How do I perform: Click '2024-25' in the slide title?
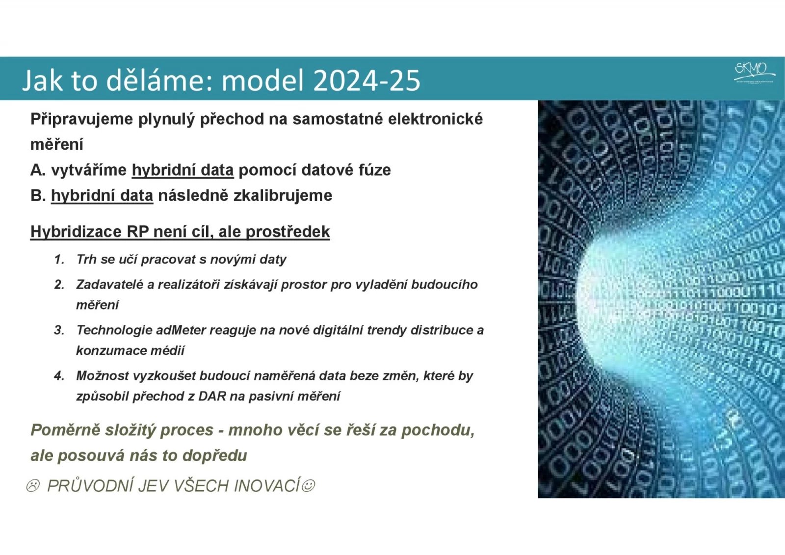tap(366, 80)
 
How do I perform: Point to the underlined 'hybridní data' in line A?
tap(183, 170)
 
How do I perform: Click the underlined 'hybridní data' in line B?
tap(102, 196)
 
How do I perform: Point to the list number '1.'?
tap(59, 260)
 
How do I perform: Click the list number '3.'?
tap(59, 330)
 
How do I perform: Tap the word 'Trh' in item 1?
tap(86, 260)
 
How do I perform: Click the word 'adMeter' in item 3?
tap(181, 330)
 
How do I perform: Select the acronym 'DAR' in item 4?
tap(212, 396)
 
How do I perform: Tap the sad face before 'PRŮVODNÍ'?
tap(33, 486)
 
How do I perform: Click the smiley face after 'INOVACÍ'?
tap(308, 486)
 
